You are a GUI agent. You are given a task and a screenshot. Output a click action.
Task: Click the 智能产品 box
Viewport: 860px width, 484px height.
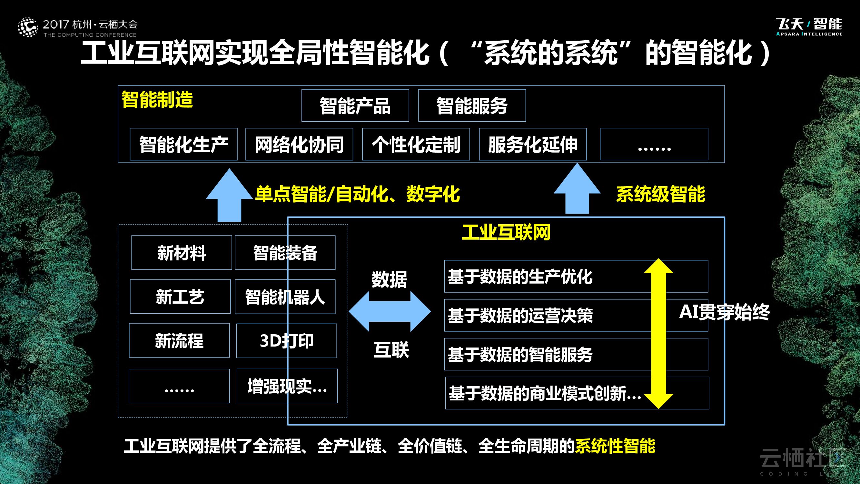(355, 106)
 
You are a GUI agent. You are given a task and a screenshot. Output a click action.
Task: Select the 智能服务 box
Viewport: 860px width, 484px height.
(472, 106)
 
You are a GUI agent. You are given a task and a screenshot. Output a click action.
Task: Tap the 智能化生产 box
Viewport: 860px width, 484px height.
(183, 144)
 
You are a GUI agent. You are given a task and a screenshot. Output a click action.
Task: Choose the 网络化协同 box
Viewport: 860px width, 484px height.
(299, 144)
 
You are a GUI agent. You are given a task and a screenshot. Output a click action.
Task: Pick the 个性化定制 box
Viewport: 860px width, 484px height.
(416, 144)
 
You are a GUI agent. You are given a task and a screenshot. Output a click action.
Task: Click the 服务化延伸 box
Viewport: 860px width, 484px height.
(533, 144)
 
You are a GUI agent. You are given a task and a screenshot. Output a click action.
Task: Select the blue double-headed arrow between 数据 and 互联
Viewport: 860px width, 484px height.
(390, 311)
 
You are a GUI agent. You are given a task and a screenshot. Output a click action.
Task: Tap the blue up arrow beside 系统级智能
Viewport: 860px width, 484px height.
(577, 189)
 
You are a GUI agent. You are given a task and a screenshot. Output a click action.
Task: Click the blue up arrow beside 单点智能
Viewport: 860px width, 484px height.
(229, 196)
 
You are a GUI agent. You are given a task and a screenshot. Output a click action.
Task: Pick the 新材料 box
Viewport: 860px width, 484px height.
(182, 253)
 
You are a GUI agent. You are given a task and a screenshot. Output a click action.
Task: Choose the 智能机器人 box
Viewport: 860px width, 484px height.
(285, 297)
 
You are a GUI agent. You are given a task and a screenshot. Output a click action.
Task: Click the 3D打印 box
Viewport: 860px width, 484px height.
(286, 341)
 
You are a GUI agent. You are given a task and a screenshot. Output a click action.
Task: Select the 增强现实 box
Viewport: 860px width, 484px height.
(287, 386)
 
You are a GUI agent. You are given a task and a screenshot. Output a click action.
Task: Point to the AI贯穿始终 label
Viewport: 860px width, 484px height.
(725, 312)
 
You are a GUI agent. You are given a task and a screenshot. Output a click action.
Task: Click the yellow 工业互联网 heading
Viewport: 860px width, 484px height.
(506, 232)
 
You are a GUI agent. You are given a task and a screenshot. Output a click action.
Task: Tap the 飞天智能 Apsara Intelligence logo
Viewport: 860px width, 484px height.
(809, 27)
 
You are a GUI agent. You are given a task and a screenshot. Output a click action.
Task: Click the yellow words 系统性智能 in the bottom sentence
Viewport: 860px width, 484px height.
(615, 446)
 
